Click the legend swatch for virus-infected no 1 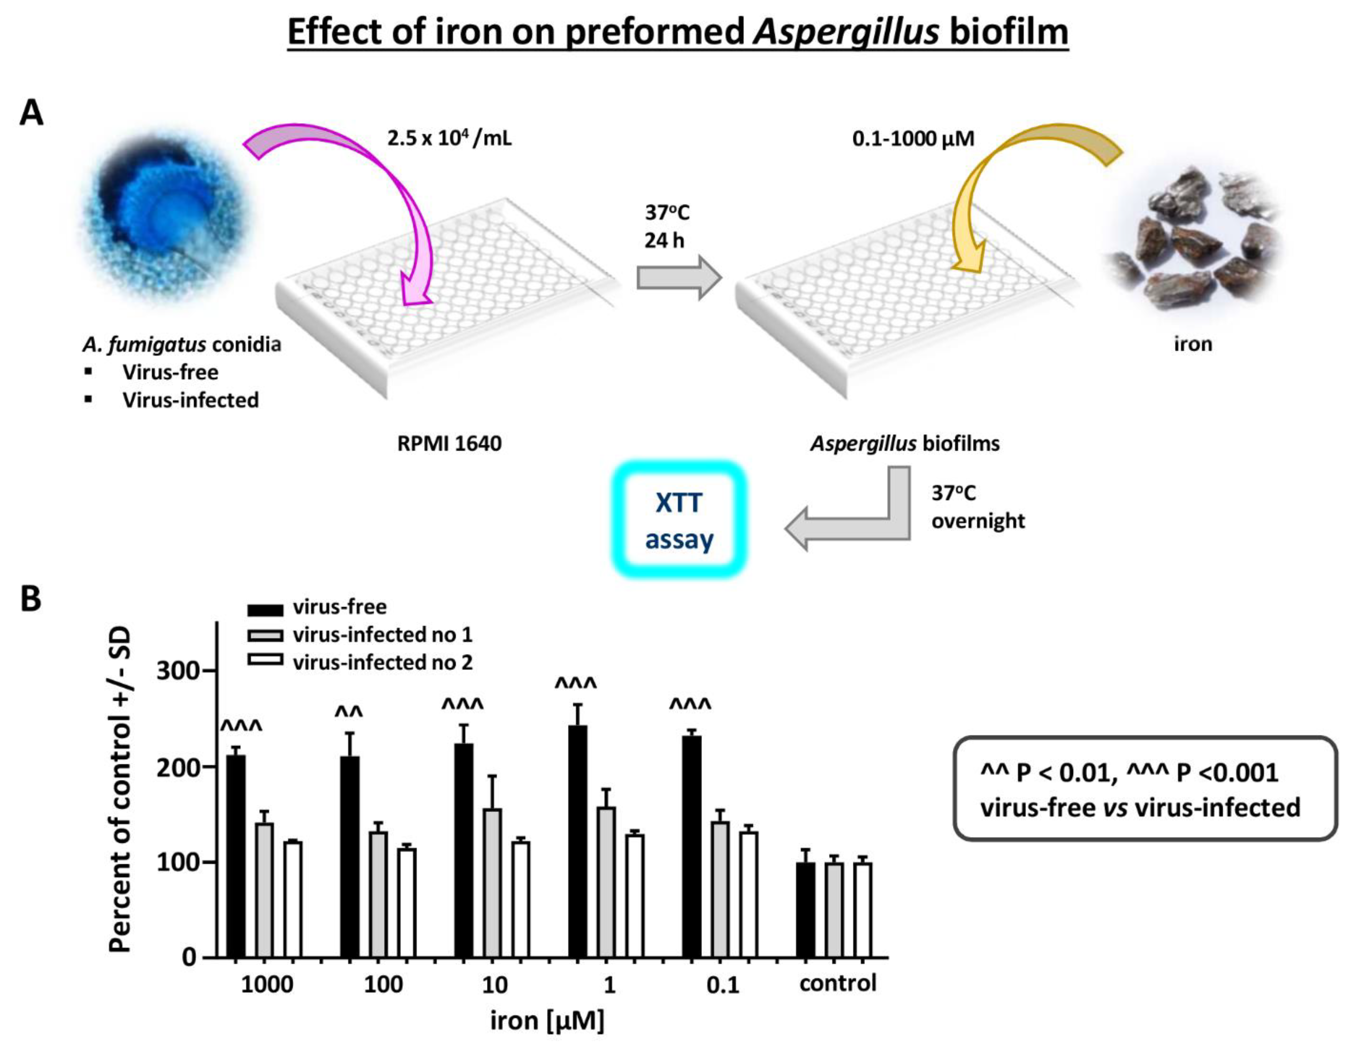[x=265, y=635]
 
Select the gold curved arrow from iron [x=1016, y=186]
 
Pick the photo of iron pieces [x=1192, y=238]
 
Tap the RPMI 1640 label [x=449, y=444]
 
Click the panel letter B [x=31, y=599]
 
